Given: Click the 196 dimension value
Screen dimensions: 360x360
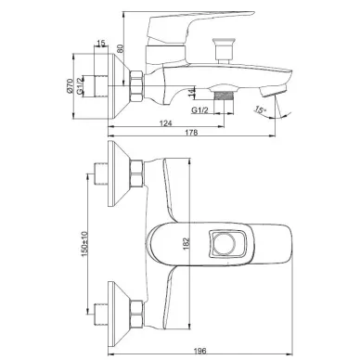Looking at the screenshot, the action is pyautogui.click(x=201, y=351).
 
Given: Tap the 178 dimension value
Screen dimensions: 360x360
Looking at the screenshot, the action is pyautogui.click(x=191, y=133).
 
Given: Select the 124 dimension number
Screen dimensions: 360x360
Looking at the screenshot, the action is pyautogui.click(x=165, y=123).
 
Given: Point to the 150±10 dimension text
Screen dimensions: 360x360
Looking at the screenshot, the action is pyautogui.click(x=84, y=243).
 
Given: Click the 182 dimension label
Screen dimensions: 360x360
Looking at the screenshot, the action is pyautogui.click(x=186, y=244).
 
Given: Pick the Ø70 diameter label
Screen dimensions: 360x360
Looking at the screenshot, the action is pyautogui.click(x=70, y=86).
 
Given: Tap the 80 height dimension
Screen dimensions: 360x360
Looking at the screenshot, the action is pyautogui.click(x=121, y=48).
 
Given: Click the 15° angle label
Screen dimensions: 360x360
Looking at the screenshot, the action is pyautogui.click(x=261, y=109).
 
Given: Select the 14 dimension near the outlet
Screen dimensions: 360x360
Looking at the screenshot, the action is pyautogui.click(x=192, y=92).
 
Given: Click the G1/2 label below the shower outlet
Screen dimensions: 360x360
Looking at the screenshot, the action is pyautogui.click(x=199, y=109).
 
